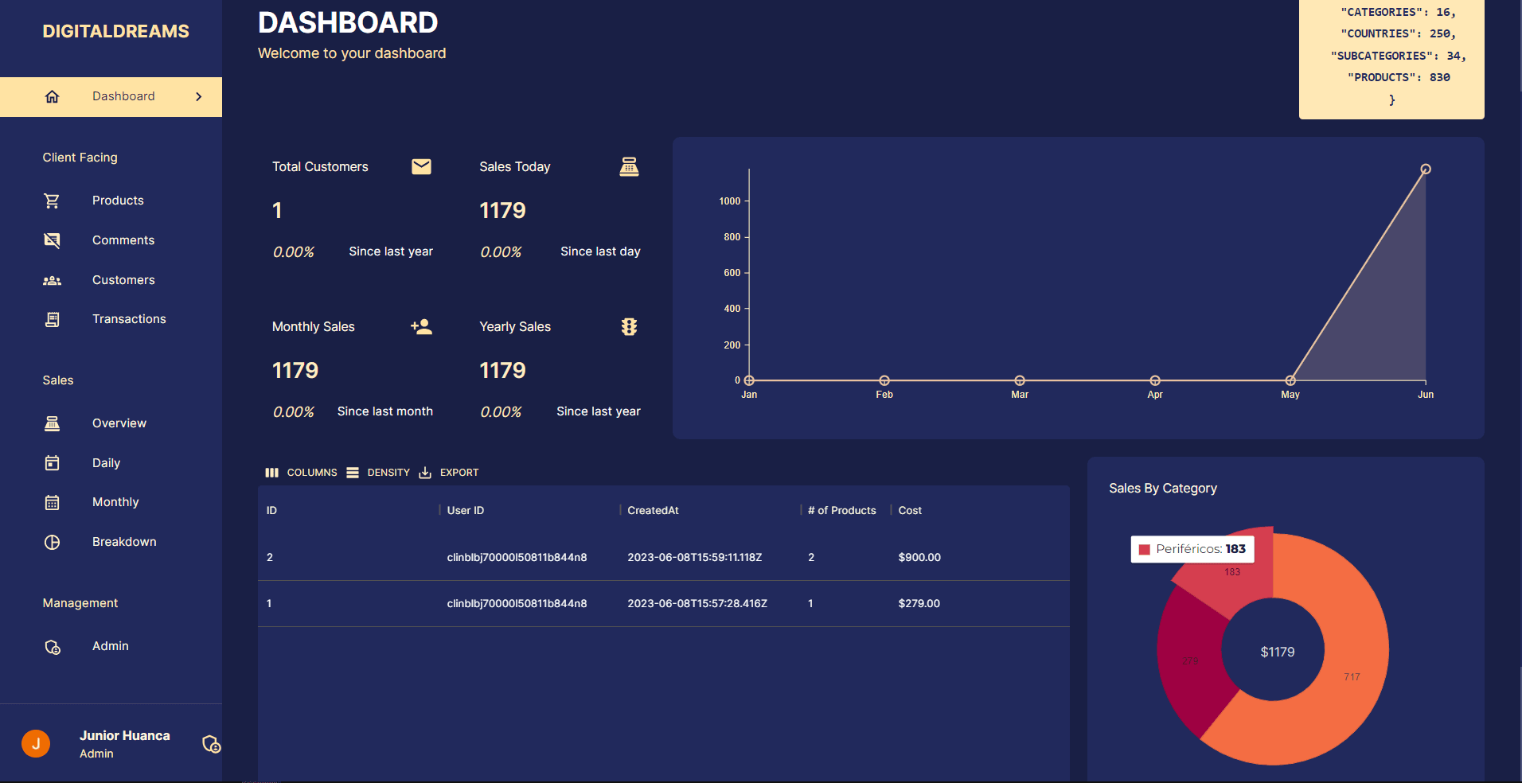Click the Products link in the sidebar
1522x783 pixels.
(117, 201)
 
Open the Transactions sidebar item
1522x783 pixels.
(128, 319)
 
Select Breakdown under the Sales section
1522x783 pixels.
(123, 542)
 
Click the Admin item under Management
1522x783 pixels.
(110, 646)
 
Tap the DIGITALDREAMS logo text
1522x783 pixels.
(115, 32)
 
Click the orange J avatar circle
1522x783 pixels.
(36, 743)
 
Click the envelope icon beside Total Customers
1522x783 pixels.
(421, 166)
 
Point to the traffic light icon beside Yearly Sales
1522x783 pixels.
(629, 327)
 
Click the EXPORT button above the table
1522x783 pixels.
(450, 473)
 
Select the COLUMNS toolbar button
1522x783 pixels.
(302, 473)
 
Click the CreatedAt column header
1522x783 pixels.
(653, 511)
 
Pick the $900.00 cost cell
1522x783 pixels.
(919, 558)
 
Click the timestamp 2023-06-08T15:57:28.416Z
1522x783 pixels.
(697, 604)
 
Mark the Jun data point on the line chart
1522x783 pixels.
(1426, 169)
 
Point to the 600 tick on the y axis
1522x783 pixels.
(732, 273)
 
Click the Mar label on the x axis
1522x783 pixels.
(1020, 395)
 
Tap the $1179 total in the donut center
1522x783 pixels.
(1277, 652)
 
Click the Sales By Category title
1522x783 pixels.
(1162, 489)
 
